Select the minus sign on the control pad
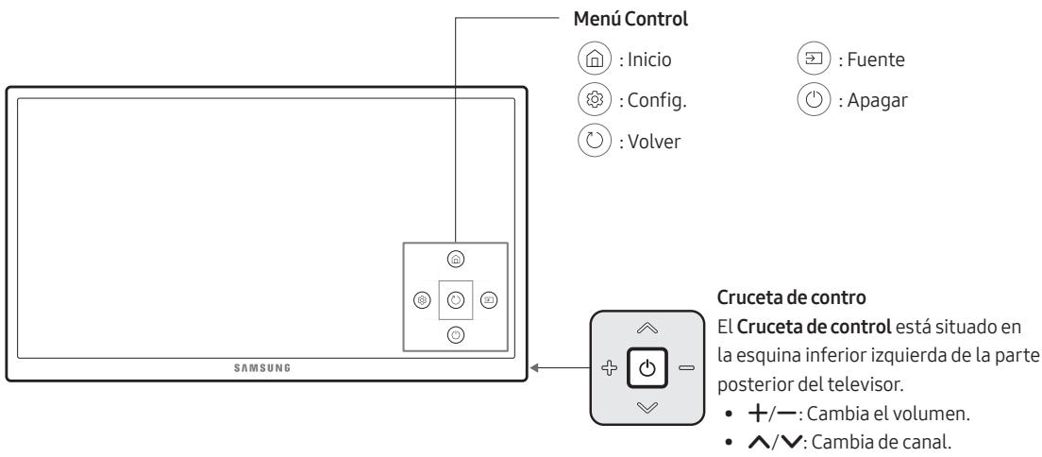[x=682, y=367]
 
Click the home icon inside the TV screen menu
[x=455, y=259]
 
